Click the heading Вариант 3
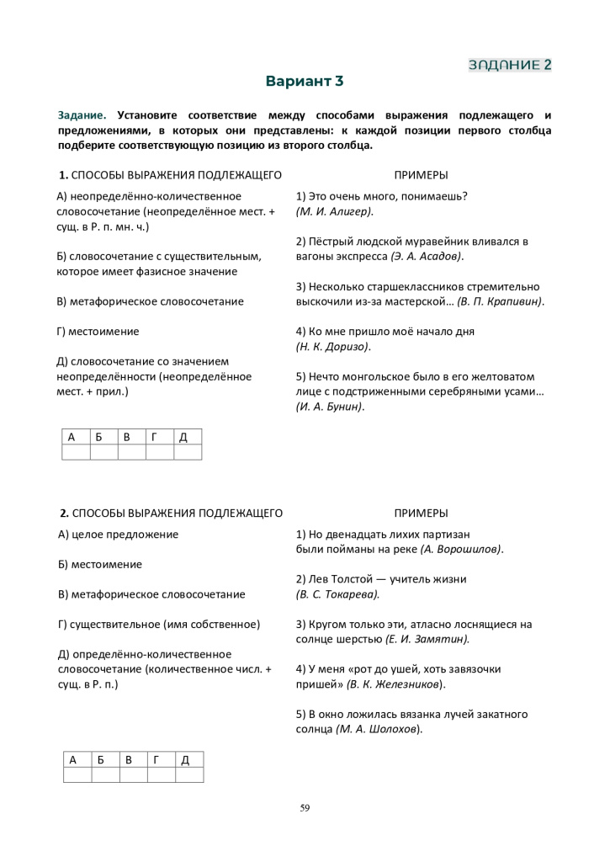(x=305, y=82)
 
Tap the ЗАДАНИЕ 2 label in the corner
(x=510, y=64)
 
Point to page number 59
(x=305, y=808)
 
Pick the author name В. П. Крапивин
(x=501, y=301)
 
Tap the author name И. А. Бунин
(x=329, y=407)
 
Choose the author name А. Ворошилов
(x=461, y=549)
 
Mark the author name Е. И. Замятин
(x=427, y=639)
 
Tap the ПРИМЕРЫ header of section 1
(x=421, y=175)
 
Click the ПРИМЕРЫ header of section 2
(x=421, y=513)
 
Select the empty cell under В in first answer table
(x=131, y=452)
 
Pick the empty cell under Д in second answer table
(x=189, y=775)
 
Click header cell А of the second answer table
(x=77, y=760)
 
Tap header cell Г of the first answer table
(x=159, y=437)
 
